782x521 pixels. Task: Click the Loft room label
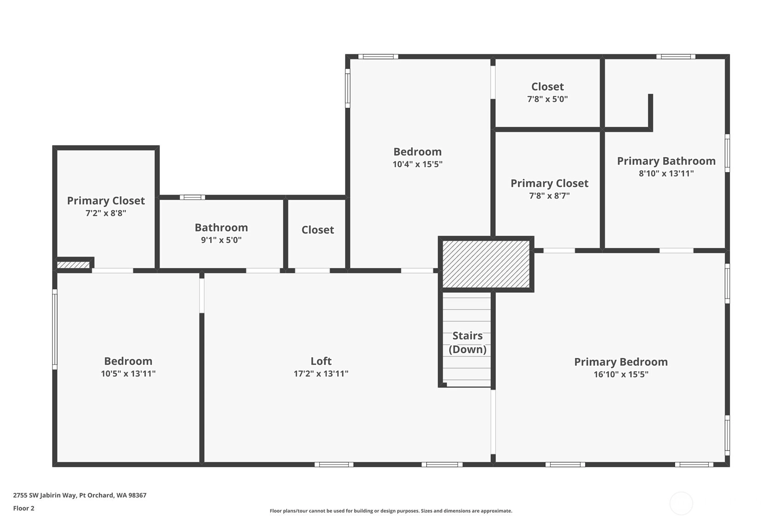[x=321, y=361]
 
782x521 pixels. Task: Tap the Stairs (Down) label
[x=467, y=342]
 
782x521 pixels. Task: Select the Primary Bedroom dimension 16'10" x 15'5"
[x=621, y=375]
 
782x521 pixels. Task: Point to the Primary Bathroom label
[x=666, y=161]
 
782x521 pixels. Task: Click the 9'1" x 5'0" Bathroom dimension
[x=221, y=240]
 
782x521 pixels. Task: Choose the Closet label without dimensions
[x=318, y=229]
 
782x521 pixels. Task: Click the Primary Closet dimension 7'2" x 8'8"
[x=106, y=213]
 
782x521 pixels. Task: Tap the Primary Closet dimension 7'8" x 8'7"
[x=549, y=196]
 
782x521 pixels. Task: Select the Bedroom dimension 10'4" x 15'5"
[x=417, y=164]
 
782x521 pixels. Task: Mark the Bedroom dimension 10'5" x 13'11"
[x=128, y=374]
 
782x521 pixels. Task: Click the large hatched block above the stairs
[x=486, y=264]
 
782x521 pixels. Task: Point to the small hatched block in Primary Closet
[x=73, y=265]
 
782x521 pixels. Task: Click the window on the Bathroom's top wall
[x=192, y=197]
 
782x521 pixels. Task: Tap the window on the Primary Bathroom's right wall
[x=727, y=153]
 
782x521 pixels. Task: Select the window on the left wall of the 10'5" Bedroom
[x=55, y=329]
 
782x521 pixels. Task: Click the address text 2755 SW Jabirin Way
[x=44, y=495]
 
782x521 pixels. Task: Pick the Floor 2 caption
[x=24, y=508]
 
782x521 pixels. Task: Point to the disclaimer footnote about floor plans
[x=391, y=511]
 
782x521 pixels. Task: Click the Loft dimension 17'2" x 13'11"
[x=321, y=374]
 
